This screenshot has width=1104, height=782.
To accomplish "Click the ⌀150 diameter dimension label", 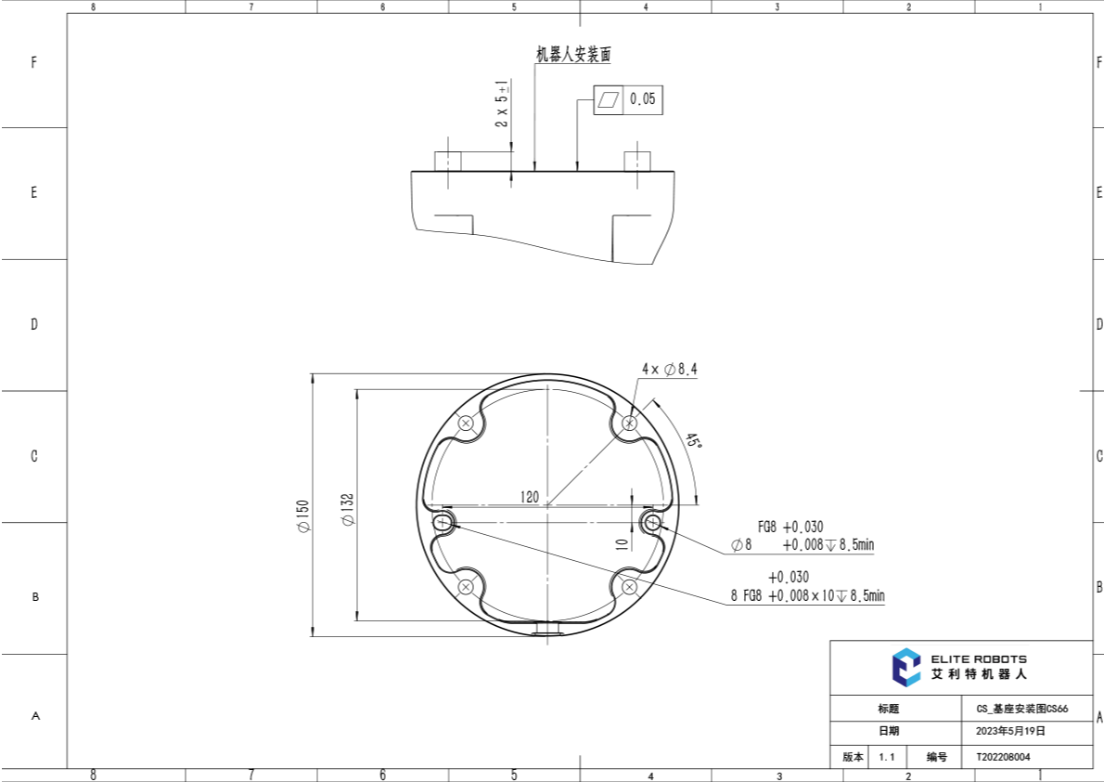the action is (303, 516).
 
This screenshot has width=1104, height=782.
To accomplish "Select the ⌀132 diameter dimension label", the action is (348, 509).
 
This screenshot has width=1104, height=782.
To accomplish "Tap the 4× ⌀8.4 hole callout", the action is (669, 369).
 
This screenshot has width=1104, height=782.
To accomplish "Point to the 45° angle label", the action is (694, 441).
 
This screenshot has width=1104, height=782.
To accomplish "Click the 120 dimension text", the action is (530, 497).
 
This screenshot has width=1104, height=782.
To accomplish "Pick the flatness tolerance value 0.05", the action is (642, 98).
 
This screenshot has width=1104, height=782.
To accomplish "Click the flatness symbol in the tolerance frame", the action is (609, 99).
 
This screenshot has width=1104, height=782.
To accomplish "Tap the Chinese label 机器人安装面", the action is (573, 54).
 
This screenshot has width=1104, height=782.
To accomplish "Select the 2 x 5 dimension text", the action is (501, 104).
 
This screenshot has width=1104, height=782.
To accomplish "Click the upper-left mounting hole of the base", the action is (466, 424).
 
